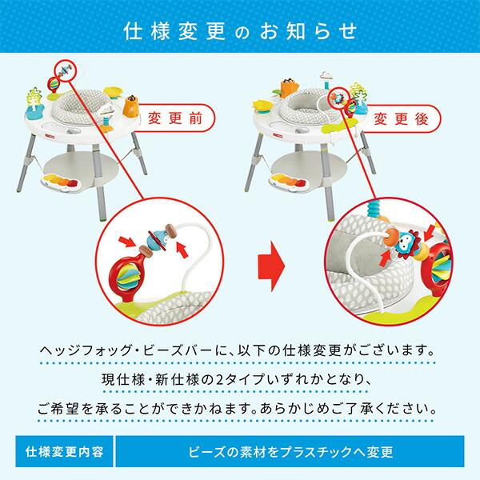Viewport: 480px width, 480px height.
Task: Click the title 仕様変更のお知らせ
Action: point(240,31)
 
